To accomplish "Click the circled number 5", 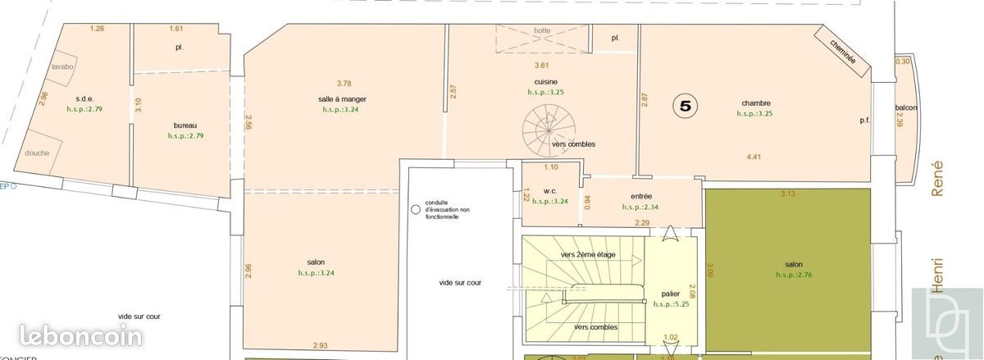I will click(x=686, y=106).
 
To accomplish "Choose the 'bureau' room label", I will click(x=185, y=125).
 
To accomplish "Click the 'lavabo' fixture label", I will click(x=62, y=67).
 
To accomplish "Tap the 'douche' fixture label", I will click(x=37, y=153).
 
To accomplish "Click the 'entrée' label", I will click(x=641, y=197).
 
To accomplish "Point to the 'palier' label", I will click(x=670, y=294).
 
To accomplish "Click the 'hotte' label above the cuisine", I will click(x=542, y=31).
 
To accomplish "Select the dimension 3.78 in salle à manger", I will click(x=344, y=83).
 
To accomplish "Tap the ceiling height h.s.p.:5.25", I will click(x=671, y=304).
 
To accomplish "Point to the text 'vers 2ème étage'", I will click(x=589, y=255).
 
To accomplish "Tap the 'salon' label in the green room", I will click(x=793, y=265).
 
